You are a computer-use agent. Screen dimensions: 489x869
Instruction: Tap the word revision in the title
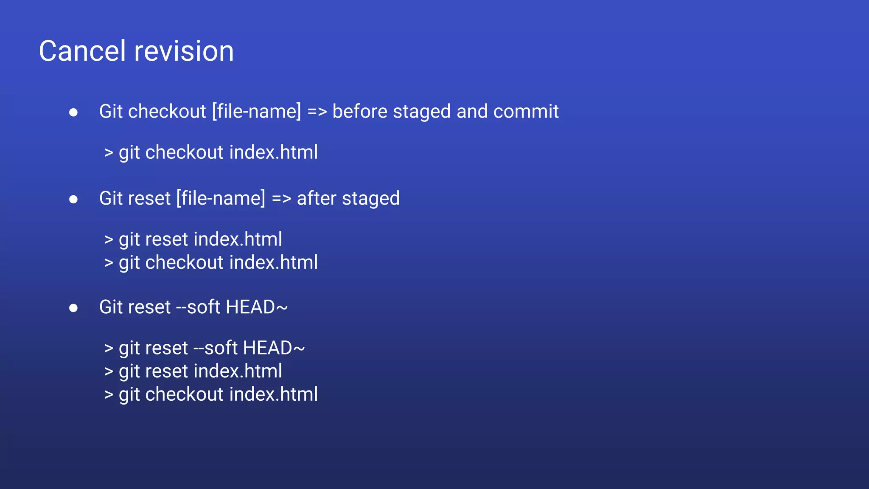tap(184, 51)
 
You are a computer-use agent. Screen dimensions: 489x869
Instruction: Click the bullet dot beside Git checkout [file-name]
tap(73, 112)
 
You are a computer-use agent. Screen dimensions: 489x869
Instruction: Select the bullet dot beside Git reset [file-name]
tap(73, 199)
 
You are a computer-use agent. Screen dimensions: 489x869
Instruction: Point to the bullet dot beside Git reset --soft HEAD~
tap(73, 308)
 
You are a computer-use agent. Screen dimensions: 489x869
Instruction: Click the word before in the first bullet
tap(360, 112)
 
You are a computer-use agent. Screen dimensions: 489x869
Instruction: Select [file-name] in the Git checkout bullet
tap(256, 112)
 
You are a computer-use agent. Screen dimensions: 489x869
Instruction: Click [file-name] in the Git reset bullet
tap(221, 199)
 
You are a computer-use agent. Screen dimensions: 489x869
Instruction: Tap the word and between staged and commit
tap(472, 112)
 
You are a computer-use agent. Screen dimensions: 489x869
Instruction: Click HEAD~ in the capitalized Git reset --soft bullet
tap(257, 307)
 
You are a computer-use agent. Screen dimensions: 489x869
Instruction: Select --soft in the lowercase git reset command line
tap(215, 348)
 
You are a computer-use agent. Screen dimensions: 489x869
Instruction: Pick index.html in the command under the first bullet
tap(273, 152)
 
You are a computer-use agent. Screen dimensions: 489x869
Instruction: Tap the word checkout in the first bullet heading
tap(167, 112)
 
